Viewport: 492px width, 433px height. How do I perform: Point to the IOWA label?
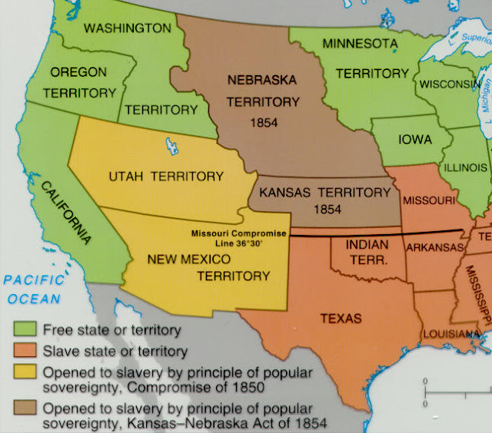click(414, 140)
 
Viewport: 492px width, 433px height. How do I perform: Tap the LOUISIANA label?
click(452, 335)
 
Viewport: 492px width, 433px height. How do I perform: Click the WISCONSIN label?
click(449, 82)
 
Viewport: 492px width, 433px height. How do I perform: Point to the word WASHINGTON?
click(127, 28)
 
